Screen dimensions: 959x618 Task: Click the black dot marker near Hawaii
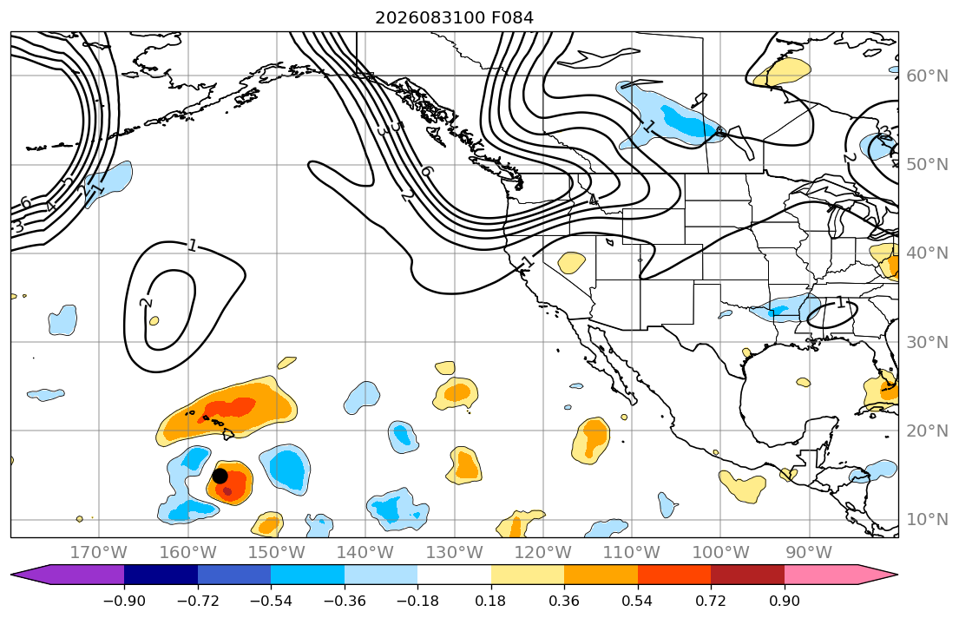tap(220, 476)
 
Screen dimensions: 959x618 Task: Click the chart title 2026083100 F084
tap(454, 17)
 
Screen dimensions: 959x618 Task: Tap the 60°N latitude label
tap(927, 76)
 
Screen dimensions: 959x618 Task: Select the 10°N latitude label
tap(927, 520)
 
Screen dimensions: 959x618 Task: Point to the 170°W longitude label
tap(99, 553)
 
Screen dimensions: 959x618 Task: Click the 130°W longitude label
tap(455, 553)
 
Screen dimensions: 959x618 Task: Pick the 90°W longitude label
tap(809, 553)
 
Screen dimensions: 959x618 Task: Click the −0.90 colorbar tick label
tap(124, 601)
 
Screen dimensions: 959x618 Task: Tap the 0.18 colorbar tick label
tap(491, 601)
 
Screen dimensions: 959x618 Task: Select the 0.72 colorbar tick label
tap(711, 601)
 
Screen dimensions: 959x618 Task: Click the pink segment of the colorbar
tap(821, 575)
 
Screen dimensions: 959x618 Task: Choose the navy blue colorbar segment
tap(161, 575)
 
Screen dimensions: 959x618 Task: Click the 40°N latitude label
tap(927, 253)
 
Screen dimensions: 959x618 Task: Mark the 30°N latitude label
tap(927, 342)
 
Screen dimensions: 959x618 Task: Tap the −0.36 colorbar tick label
tap(345, 601)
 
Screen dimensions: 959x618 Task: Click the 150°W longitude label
tap(277, 553)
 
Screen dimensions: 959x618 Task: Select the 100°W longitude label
tap(720, 553)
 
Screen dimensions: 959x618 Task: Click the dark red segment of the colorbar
tap(747, 575)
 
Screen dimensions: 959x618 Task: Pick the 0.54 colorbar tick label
tap(637, 601)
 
